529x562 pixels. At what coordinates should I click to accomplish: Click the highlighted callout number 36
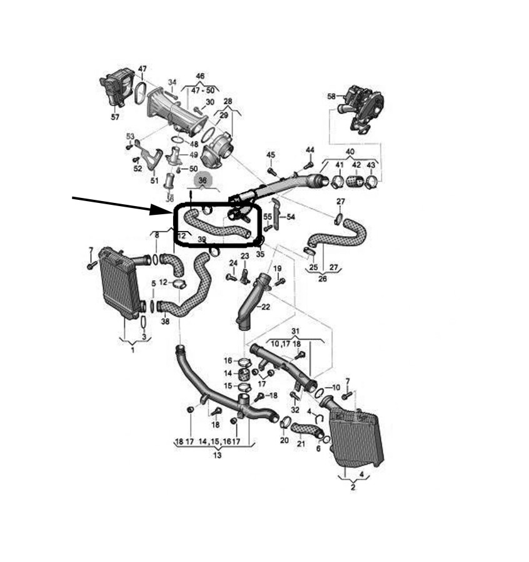[x=202, y=180]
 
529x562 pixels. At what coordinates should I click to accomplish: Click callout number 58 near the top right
[x=331, y=96]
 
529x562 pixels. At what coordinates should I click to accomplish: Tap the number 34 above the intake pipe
[x=172, y=82]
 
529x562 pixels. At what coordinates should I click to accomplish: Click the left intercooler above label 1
[x=119, y=284]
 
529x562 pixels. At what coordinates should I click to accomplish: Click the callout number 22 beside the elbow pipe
[x=266, y=307]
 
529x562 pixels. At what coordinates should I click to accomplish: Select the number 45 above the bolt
[x=270, y=154]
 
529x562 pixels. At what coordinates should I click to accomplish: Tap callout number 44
[x=310, y=150]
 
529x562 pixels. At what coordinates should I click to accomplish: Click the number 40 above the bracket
[x=350, y=152]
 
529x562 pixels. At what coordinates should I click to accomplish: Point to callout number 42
[x=356, y=165]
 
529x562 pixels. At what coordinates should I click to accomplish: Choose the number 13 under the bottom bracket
[x=217, y=455]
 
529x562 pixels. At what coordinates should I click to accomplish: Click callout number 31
[x=296, y=331]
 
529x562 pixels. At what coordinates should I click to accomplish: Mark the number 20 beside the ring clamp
[x=284, y=440]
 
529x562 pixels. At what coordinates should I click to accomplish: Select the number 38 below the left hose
[x=165, y=322]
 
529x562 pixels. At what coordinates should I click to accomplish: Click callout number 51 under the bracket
[x=154, y=180]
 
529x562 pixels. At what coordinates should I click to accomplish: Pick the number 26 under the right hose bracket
[x=322, y=279]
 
